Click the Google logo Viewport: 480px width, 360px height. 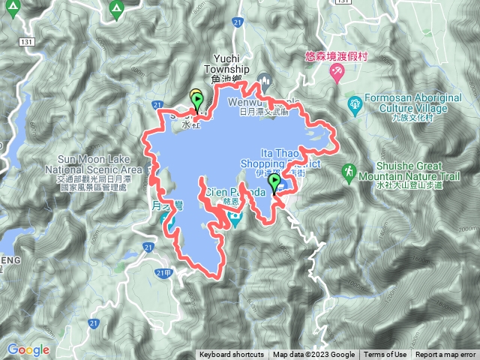coord(28,349)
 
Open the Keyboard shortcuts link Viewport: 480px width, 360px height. coord(231,355)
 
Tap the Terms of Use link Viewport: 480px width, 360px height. coord(385,355)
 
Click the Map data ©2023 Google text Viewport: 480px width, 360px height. coord(313,355)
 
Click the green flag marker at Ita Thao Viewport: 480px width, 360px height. coord(274,182)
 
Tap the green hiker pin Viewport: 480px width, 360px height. coord(349,173)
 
